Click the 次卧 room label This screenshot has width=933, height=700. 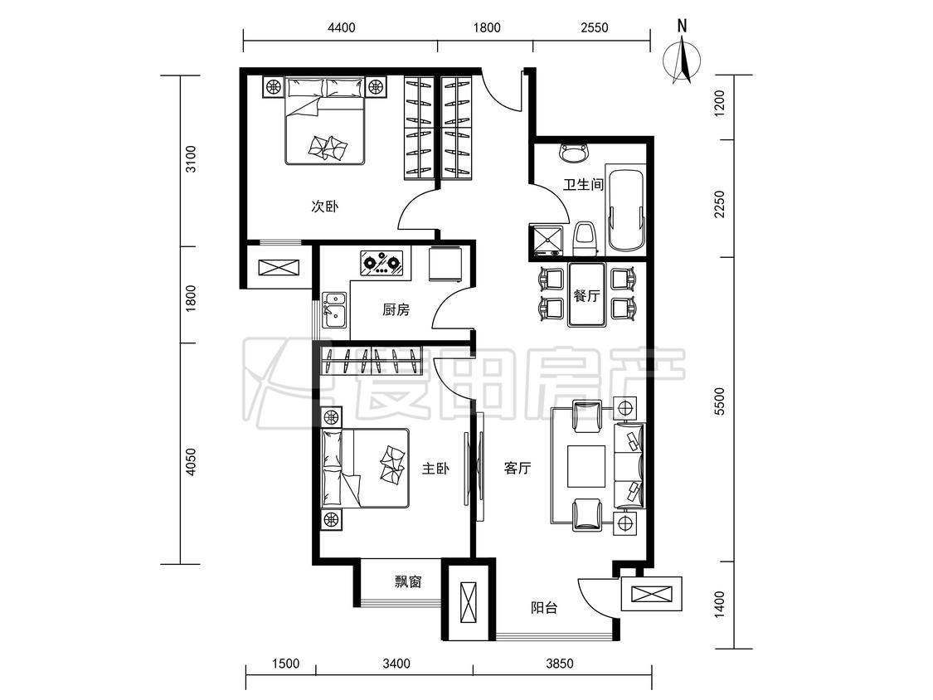click(325, 207)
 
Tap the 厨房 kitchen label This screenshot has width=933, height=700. click(396, 309)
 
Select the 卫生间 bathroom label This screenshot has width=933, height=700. click(583, 184)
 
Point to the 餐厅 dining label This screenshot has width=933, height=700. click(586, 295)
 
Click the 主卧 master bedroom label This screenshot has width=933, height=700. click(435, 469)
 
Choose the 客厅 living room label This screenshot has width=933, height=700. click(517, 469)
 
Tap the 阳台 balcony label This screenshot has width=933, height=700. click(544, 608)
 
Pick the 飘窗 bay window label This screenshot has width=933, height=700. click(408, 581)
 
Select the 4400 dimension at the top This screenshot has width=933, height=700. click(342, 27)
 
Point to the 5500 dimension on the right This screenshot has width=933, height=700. click(720, 401)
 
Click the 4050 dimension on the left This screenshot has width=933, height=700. click(190, 463)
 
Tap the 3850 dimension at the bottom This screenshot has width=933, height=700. click(559, 664)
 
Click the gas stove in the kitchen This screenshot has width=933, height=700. click(381, 262)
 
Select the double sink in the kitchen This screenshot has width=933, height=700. click(334, 309)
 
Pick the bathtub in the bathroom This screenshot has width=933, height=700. click(625, 210)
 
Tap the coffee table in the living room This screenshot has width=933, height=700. click(586, 466)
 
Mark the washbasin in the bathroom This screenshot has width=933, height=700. click(574, 153)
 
